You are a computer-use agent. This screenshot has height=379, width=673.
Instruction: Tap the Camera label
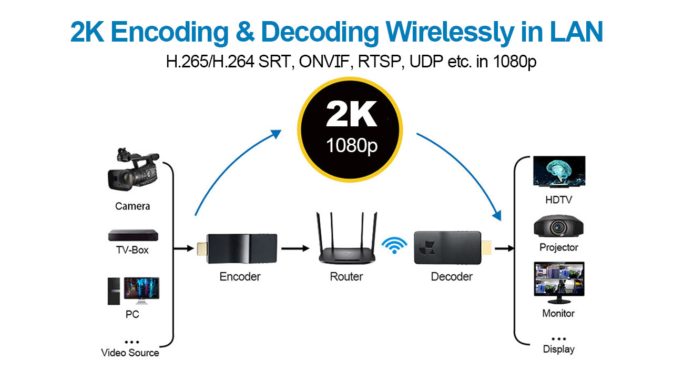click(132, 206)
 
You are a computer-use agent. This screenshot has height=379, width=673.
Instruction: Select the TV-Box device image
click(132, 235)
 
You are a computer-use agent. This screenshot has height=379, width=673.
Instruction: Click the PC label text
click(132, 315)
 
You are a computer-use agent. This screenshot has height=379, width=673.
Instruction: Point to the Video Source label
click(130, 353)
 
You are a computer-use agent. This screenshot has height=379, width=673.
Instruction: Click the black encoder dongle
click(237, 248)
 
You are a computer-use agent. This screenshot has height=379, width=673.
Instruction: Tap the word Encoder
click(240, 276)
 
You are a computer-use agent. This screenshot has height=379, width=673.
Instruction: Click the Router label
click(346, 276)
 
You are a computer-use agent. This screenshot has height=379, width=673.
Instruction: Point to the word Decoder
click(451, 276)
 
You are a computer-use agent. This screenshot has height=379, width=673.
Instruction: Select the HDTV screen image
click(559, 172)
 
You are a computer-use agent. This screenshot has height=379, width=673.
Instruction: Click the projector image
click(558, 227)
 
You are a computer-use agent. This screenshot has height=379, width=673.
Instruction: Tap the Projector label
click(558, 247)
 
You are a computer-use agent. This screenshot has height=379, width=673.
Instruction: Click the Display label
click(558, 349)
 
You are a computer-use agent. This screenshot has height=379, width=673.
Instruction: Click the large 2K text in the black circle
click(351, 115)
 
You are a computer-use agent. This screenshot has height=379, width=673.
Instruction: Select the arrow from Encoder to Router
click(295, 248)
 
